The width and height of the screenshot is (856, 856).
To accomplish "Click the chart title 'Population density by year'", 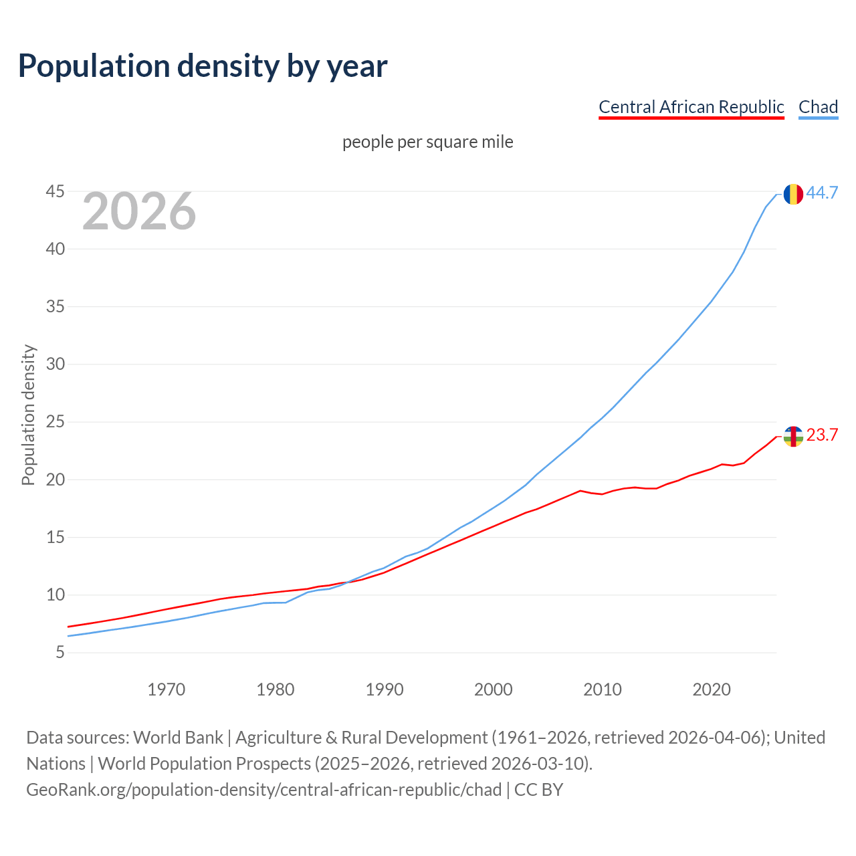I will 203,66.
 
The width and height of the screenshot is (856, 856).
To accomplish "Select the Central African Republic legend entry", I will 691,107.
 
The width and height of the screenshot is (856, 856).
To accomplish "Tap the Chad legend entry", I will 818,107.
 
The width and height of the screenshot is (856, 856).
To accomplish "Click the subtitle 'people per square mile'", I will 427,142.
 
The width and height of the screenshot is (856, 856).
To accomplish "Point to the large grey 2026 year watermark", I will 139,211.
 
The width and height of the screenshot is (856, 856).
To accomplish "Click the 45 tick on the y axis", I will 56,192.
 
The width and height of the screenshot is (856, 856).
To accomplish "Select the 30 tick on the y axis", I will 56,364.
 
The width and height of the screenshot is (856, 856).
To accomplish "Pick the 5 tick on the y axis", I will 60,652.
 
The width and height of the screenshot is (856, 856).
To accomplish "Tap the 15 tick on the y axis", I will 56,537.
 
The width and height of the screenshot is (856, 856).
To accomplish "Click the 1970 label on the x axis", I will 166,689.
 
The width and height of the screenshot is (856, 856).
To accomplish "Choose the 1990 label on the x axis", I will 385,689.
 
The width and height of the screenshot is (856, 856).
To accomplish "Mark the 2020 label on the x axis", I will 712,689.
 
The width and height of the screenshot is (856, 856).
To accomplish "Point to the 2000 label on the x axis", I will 494,689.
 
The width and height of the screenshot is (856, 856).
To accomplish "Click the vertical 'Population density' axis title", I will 28,415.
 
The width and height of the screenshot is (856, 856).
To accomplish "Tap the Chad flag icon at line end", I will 793,194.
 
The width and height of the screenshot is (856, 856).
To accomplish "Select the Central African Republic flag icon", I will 793,437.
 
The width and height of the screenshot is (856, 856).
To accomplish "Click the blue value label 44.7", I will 822,193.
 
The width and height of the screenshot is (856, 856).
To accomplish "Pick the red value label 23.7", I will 822,435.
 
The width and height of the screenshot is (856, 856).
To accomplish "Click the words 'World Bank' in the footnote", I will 178,738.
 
